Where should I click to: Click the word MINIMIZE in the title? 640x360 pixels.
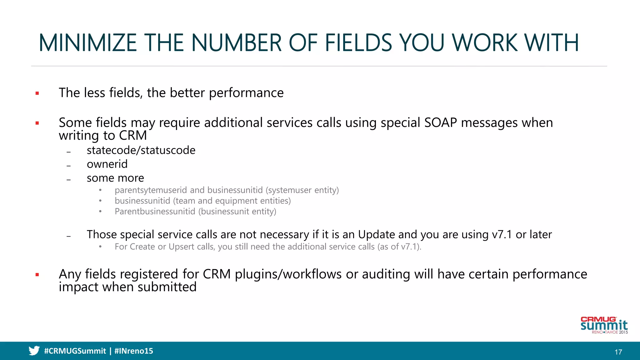point(88,43)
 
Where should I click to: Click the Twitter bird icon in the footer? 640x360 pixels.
point(34,351)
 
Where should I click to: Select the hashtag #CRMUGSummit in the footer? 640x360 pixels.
point(75,351)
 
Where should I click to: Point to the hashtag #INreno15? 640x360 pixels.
point(134,351)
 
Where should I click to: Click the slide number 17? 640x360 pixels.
point(618,352)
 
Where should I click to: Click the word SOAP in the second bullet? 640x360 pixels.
point(441,123)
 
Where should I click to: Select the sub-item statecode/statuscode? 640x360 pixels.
point(141,150)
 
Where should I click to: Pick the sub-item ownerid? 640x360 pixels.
point(107,164)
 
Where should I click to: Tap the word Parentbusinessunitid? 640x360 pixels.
point(155,212)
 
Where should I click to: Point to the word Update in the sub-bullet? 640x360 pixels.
point(377,235)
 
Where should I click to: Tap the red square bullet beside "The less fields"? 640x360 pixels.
point(37,93)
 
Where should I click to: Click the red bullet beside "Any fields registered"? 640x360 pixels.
point(37,275)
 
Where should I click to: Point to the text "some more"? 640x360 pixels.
point(115,178)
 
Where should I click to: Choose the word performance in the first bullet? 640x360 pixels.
point(246,93)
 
